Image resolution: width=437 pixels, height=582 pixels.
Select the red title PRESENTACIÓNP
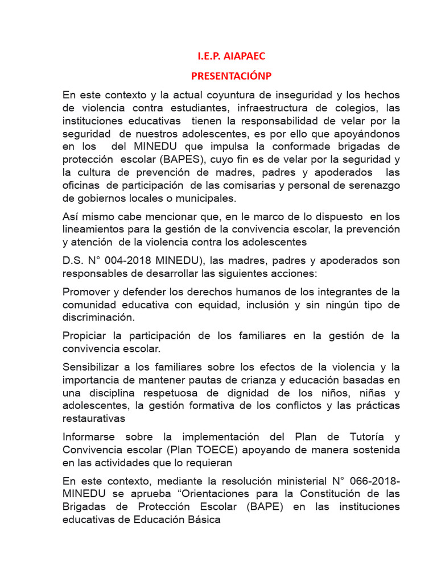[230, 76]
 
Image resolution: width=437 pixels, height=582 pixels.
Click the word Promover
[86, 292]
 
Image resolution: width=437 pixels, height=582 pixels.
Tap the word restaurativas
[93, 418]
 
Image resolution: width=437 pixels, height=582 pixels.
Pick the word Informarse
[89, 436]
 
